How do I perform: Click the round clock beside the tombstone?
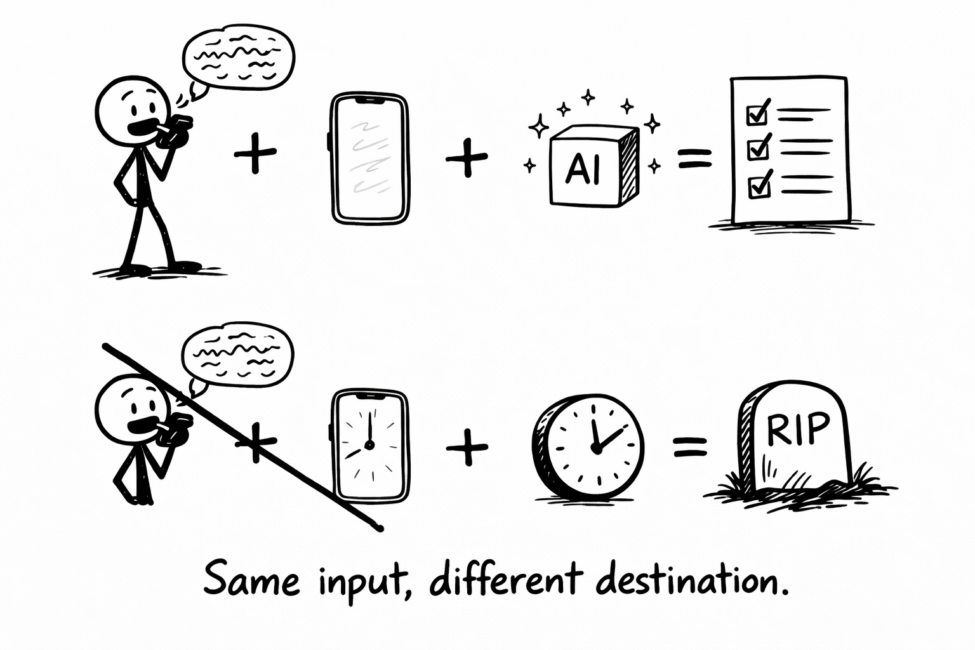[x=589, y=447]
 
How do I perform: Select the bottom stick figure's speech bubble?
[x=238, y=355]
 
